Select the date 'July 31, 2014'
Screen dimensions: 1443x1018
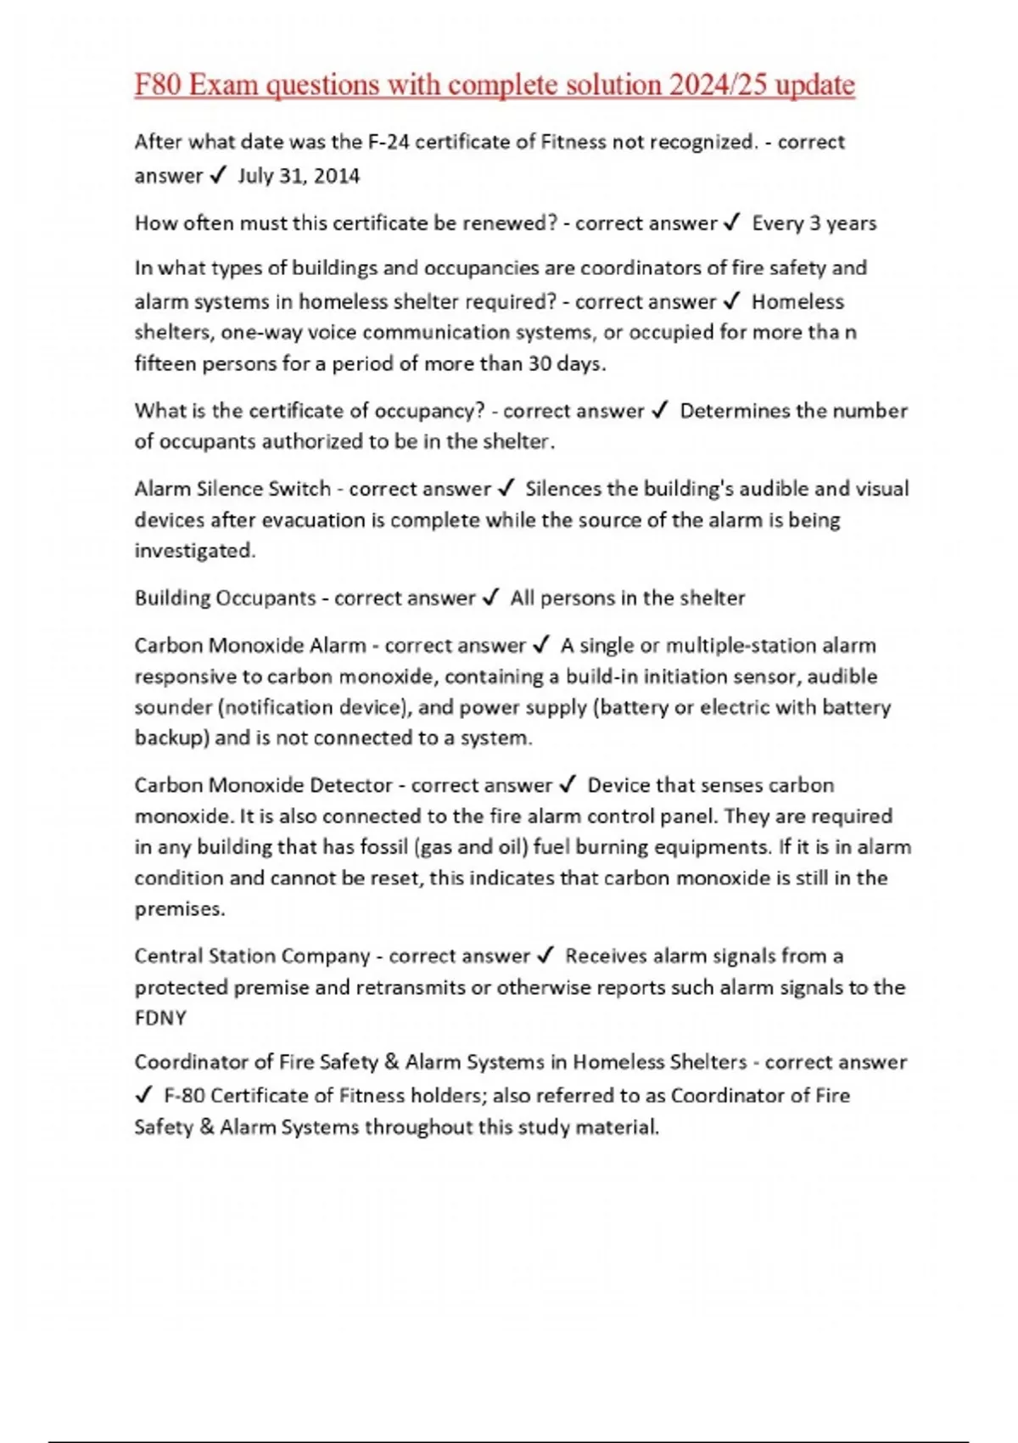coord(299,176)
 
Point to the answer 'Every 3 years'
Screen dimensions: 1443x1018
coord(814,223)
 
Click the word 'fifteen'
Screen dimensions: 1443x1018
coord(163,364)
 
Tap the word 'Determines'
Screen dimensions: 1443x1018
coord(735,411)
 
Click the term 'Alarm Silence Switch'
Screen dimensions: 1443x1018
coord(232,489)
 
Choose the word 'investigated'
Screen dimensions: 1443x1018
coord(194,551)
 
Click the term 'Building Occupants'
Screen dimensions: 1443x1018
coord(225,598)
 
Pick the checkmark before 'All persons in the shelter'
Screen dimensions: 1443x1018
coord(490,598)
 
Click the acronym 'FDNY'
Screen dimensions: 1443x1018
coord(160,1018)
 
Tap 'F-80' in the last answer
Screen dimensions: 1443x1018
coord(184,1096)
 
